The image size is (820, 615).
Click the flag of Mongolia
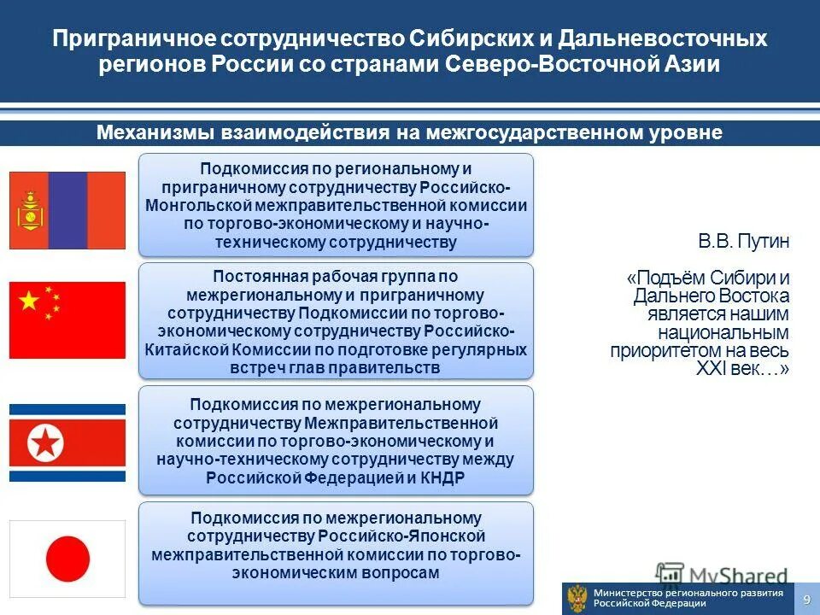point(67,210)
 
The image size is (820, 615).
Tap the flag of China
point(67,319)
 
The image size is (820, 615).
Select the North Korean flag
point(67,442)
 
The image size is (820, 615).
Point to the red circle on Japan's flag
point(67,559)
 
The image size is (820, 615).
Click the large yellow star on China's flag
point(29,301)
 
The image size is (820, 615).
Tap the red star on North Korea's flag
point(44,442)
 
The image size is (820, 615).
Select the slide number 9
point(805,600)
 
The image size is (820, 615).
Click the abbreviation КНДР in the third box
point(443,477)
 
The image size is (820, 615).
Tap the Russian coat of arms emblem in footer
point(577,598)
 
